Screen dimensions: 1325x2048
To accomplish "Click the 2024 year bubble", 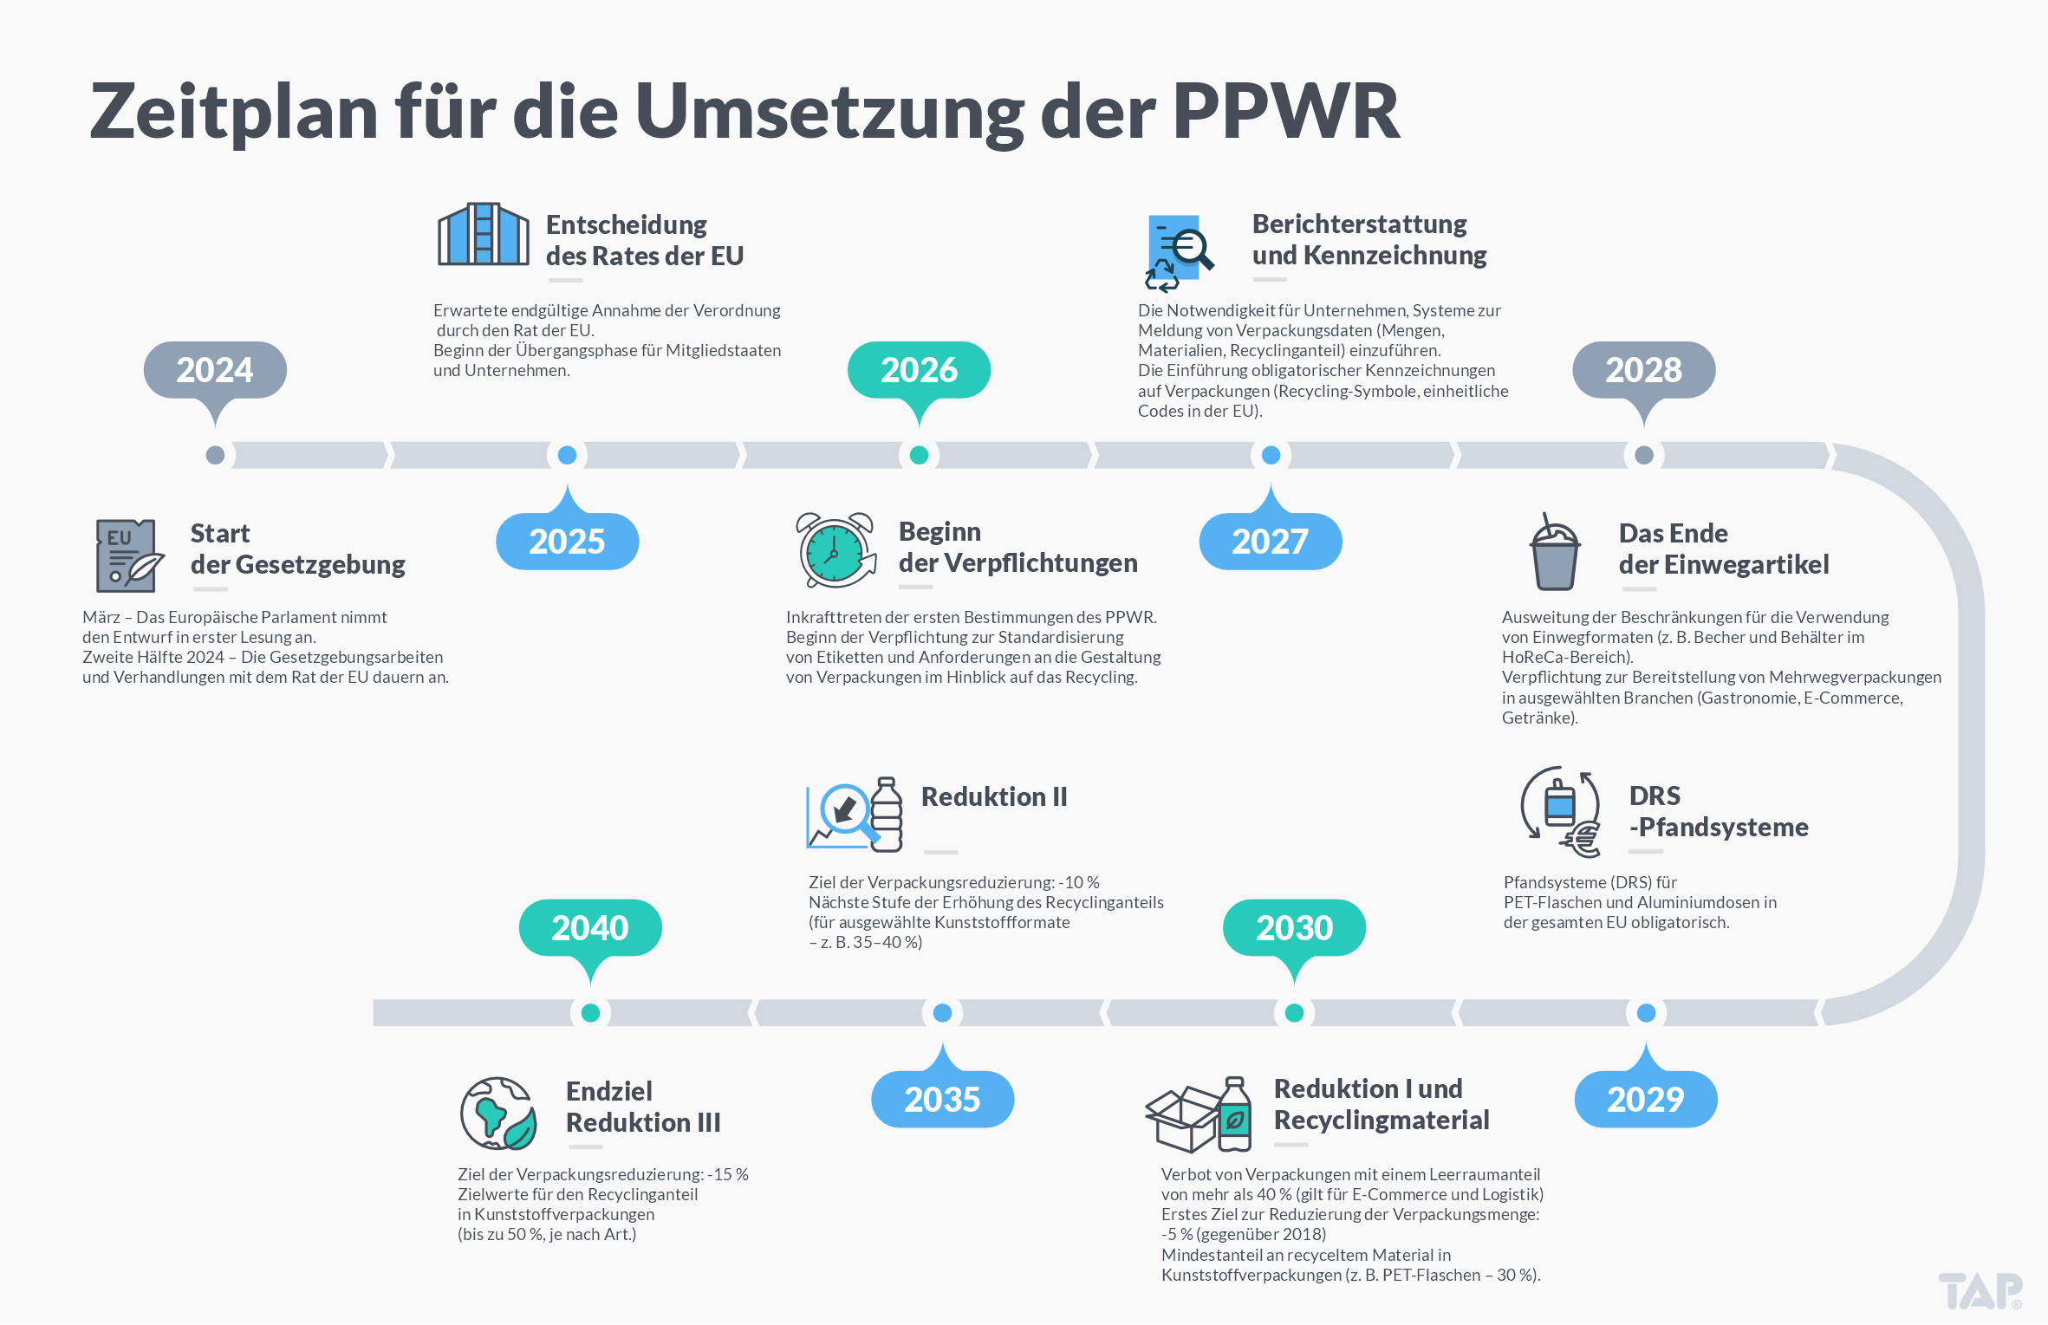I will coord(215,370).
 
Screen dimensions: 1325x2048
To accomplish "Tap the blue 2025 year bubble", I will coord(567,542).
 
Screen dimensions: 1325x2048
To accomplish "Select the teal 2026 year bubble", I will coord(919,370).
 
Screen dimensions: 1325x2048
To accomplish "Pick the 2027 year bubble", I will coord(1271,542).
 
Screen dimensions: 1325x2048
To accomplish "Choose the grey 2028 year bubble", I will coord(1643,370).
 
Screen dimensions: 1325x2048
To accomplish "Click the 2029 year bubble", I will coord(1645,1100).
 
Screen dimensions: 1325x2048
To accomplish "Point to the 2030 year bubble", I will coord(1294,928).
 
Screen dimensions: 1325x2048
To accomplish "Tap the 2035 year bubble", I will coord(942,1100).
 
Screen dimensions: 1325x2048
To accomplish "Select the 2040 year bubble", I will coord(590,928).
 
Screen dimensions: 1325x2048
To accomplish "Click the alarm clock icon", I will coord(835,551).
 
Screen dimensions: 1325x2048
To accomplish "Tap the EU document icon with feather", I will coord(128,555).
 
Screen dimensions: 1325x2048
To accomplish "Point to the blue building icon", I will coord(483,234).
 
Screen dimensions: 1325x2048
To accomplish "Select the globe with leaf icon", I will coord(497,1114).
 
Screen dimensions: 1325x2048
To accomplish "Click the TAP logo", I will coord(1980,1291).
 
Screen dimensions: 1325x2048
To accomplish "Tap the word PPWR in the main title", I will coord(1286,111).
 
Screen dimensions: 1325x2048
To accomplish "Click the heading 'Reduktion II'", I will coord(994,796).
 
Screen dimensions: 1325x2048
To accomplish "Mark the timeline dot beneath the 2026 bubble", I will coord(919,455).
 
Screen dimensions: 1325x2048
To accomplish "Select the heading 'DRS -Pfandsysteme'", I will coord(1718,811).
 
